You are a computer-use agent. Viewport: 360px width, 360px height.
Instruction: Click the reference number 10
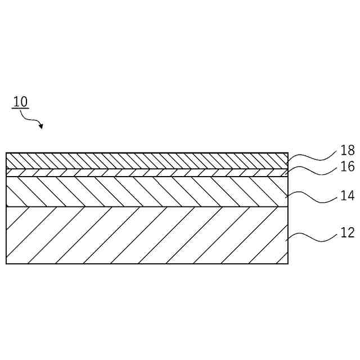[x=20, y=102]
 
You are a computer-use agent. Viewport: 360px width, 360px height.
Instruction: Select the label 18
[x=347, y=151]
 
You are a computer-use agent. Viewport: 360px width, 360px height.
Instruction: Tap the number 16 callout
[x=347, y=167]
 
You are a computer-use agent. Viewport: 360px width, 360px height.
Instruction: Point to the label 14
[x=347, y=196]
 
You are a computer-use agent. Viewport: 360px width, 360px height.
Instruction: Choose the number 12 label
[x=347, y=232]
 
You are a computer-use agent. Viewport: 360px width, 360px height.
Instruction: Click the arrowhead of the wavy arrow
[x=40, y=127]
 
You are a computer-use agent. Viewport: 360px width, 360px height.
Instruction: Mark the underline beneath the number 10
[x=20, y=109]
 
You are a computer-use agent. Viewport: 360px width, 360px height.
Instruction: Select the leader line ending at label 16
[x=312, y=170]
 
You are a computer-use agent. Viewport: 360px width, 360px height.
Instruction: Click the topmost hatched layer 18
[x=146, y=160]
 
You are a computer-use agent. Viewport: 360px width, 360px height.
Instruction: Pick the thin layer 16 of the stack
[x=146, y=173]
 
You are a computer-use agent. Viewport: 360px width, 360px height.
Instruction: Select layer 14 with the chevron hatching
[x=146, y=192]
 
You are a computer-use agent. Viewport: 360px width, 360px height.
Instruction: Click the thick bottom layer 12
[x=146, y=235]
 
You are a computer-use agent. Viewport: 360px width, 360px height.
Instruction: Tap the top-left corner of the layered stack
[x=6, y=153]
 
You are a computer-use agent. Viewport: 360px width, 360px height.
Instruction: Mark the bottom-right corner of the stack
[x=288, y=263]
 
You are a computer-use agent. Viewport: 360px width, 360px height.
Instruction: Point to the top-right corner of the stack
[x=288, y=153]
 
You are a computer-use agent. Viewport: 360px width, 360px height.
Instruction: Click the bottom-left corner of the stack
[x=6, y=263]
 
